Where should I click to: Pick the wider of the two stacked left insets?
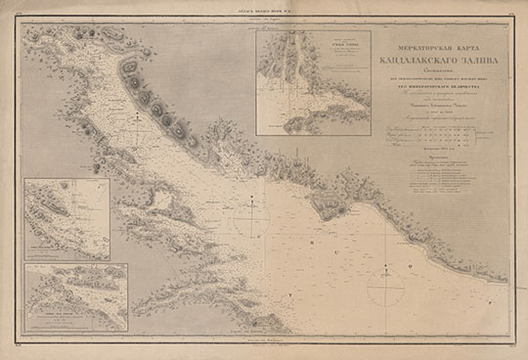tap(76, 297)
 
